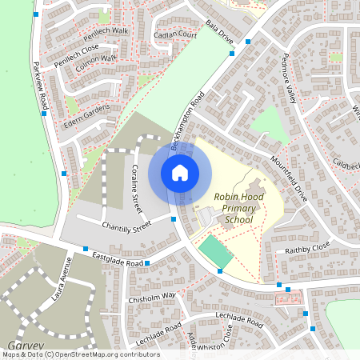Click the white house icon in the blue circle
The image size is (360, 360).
click(x=180, y=173)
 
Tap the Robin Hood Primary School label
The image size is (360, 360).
click(x=238, y=208)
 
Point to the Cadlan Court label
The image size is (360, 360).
click(x=176, y=36)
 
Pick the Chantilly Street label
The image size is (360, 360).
click(x=126, y=227)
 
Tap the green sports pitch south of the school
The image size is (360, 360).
click(x=216, y=252)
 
